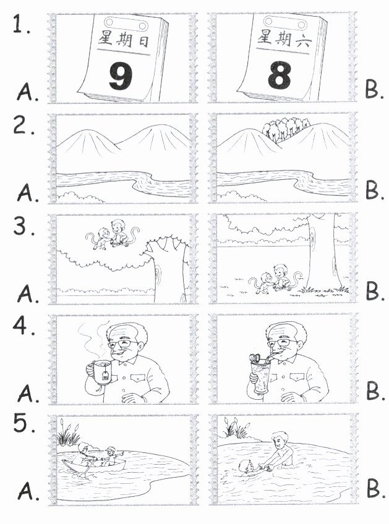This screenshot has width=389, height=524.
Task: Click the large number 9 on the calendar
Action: (x=121, y=76)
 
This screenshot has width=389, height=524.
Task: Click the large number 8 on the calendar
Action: (x=280, y=75)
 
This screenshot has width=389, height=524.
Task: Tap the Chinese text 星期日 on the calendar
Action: (x=124, y=40)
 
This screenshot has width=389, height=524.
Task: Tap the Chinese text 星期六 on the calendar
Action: (x=284, y=38)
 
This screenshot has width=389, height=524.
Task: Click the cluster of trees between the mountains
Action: (x=286, y=129)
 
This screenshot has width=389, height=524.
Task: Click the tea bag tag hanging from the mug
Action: (x=105, y=376)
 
